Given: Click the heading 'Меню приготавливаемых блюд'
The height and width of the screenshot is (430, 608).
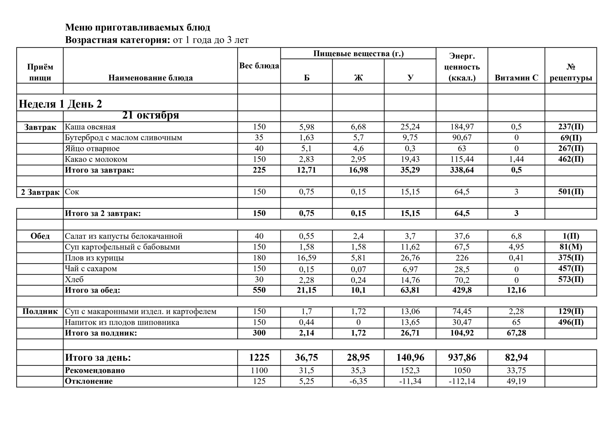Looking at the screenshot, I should [x=138, y=28].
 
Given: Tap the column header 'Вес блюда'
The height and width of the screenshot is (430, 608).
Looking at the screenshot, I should [x=259, y=66].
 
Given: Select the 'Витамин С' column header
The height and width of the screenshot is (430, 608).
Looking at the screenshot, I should [x=516, y=78].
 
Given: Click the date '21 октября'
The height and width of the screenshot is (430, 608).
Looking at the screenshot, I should [x=150, y=115].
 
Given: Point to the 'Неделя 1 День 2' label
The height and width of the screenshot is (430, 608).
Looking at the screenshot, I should [x=60, y=104].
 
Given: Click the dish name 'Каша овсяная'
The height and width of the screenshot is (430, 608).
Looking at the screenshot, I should [x=90, y=127].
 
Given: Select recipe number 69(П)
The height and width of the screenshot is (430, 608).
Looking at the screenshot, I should [x=571, y=138].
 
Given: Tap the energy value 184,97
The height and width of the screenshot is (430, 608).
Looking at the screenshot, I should [x=462, y=127].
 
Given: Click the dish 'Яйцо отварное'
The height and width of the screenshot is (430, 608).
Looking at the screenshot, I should [x=92, y=149].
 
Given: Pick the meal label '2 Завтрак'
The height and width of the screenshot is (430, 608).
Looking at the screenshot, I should [x=40, y=192].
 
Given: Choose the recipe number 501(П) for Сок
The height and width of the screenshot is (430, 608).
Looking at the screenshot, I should [x=571, y=192].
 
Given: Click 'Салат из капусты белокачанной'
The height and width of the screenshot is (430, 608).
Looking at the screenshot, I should [x=123, y=236].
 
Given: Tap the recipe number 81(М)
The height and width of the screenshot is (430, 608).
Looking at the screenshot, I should [x=571, y=247].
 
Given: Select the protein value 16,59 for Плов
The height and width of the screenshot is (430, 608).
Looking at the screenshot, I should [x=306, y=258].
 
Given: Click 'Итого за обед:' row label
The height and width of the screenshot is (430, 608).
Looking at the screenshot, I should [x=92, y=290].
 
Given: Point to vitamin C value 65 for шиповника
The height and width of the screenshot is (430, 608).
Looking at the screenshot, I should [x=516, y=322].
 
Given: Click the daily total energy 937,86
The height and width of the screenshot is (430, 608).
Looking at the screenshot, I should [x=462, y=358].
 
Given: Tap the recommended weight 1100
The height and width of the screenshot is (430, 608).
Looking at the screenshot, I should [x=259, y=370].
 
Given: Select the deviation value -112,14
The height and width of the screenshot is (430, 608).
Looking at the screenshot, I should [x=462, y=381].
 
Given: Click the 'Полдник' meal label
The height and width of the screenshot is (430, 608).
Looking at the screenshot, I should [x=40, y=311].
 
